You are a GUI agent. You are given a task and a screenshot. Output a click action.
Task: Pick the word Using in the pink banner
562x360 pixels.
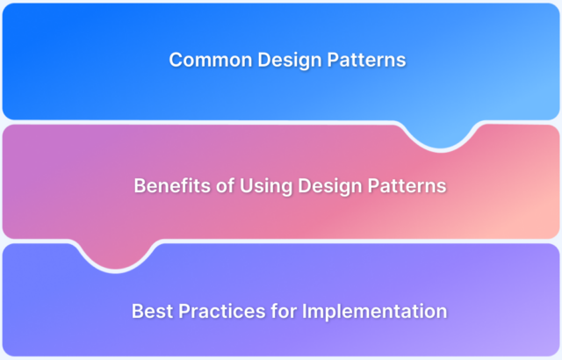point(255,186)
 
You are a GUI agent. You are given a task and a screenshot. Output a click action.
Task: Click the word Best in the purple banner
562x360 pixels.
point(151,312)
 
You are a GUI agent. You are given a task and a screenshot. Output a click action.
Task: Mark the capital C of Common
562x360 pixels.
point(175,60)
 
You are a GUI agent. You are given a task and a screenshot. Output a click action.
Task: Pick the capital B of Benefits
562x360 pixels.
point(139,186)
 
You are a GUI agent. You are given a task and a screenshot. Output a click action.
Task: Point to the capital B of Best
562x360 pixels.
point(137,312)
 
